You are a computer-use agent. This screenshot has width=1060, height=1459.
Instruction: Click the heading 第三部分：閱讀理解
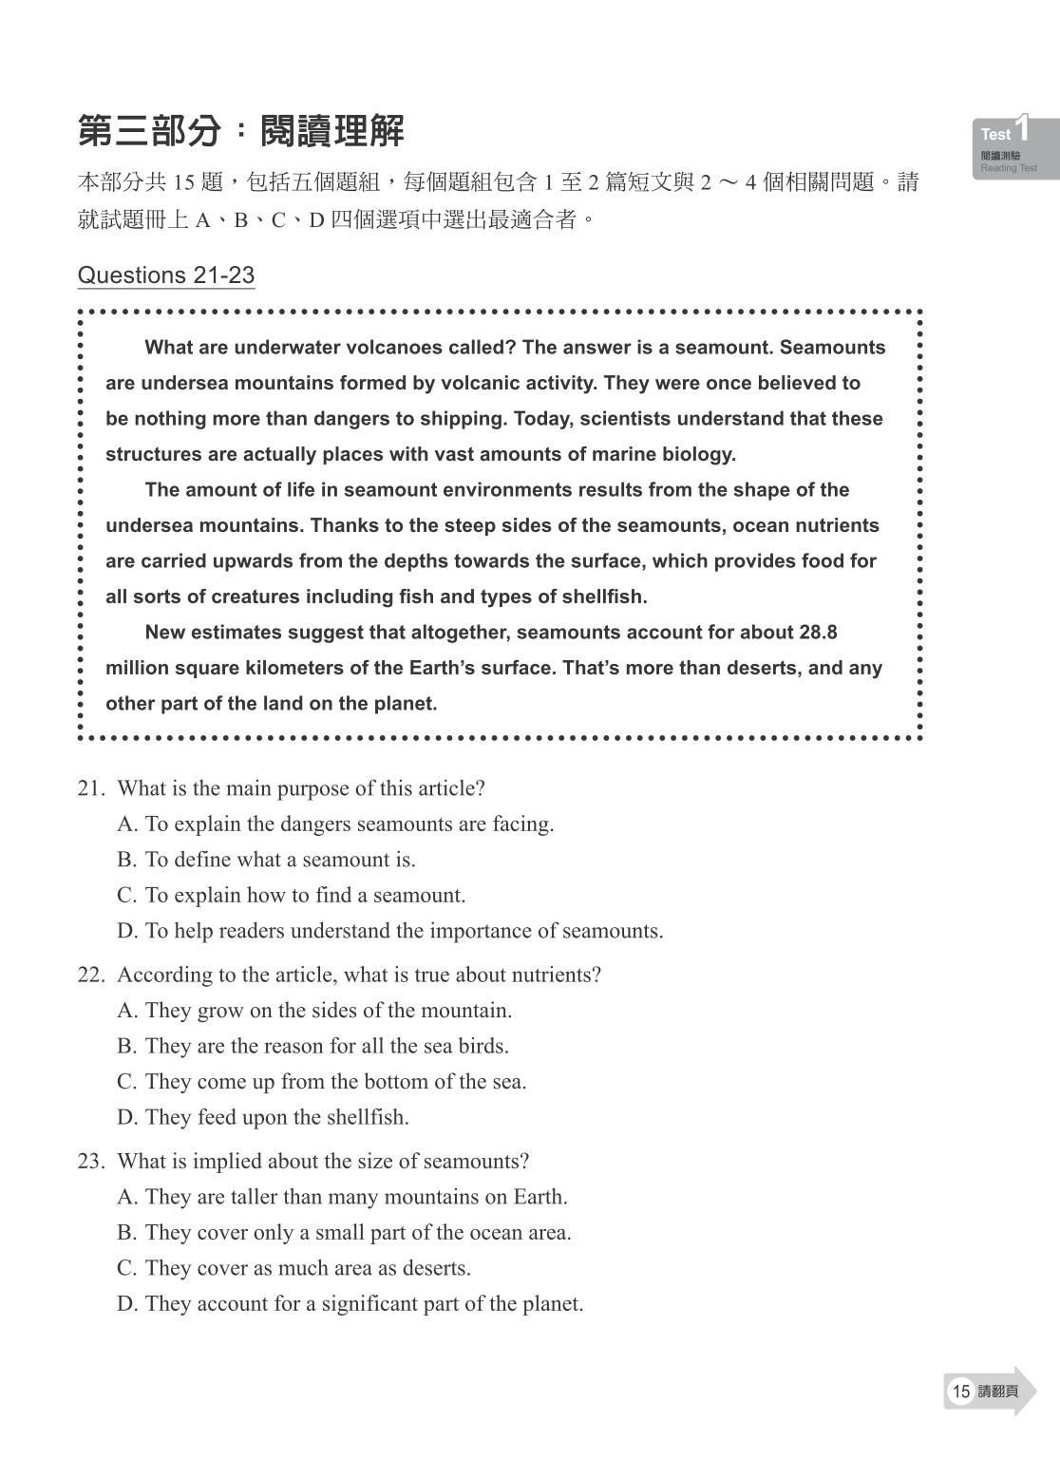240,131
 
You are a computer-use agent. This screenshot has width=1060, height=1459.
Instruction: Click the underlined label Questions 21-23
165,275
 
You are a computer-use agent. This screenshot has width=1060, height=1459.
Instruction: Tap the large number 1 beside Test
1022,128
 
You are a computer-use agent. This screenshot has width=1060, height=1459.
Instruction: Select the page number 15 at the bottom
960,1392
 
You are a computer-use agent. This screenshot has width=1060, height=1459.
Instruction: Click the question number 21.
89,788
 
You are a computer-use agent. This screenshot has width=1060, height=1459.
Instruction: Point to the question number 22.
89,975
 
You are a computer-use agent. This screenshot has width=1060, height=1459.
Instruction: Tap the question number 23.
89,1161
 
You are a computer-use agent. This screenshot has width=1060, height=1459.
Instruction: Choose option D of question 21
389,931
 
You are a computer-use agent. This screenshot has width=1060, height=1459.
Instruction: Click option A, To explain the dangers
335,824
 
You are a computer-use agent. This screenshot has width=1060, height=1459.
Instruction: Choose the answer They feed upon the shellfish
263,1117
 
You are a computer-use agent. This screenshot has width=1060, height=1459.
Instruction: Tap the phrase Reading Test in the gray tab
1009,168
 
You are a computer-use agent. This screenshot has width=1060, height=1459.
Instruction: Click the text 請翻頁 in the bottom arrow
997,1392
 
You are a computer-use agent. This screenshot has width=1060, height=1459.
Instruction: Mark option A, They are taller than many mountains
342,1197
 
